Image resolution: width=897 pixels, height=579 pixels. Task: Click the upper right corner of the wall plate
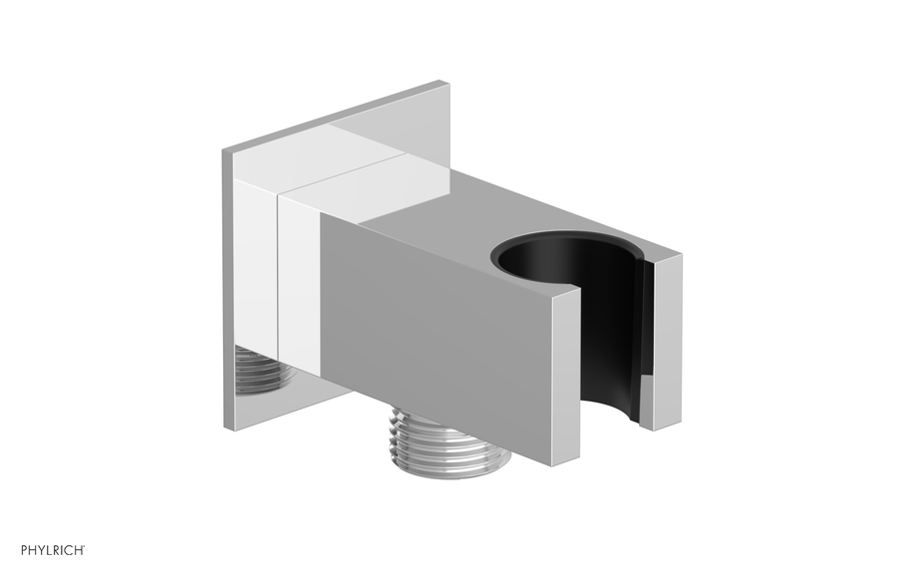(445, 86)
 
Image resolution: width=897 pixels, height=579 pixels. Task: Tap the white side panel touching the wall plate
(257, 269)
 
